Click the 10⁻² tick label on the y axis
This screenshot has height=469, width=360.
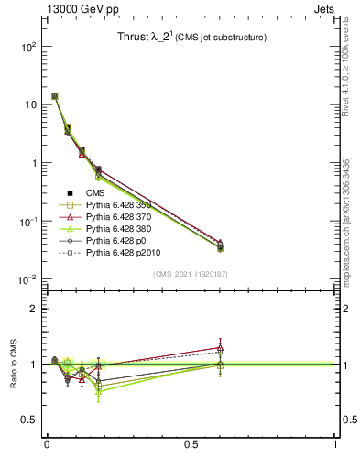26,279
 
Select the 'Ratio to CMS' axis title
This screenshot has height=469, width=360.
14,364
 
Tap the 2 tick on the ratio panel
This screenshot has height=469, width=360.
32,309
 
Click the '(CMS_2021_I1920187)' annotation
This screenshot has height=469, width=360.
191,274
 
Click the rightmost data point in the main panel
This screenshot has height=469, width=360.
220,245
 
